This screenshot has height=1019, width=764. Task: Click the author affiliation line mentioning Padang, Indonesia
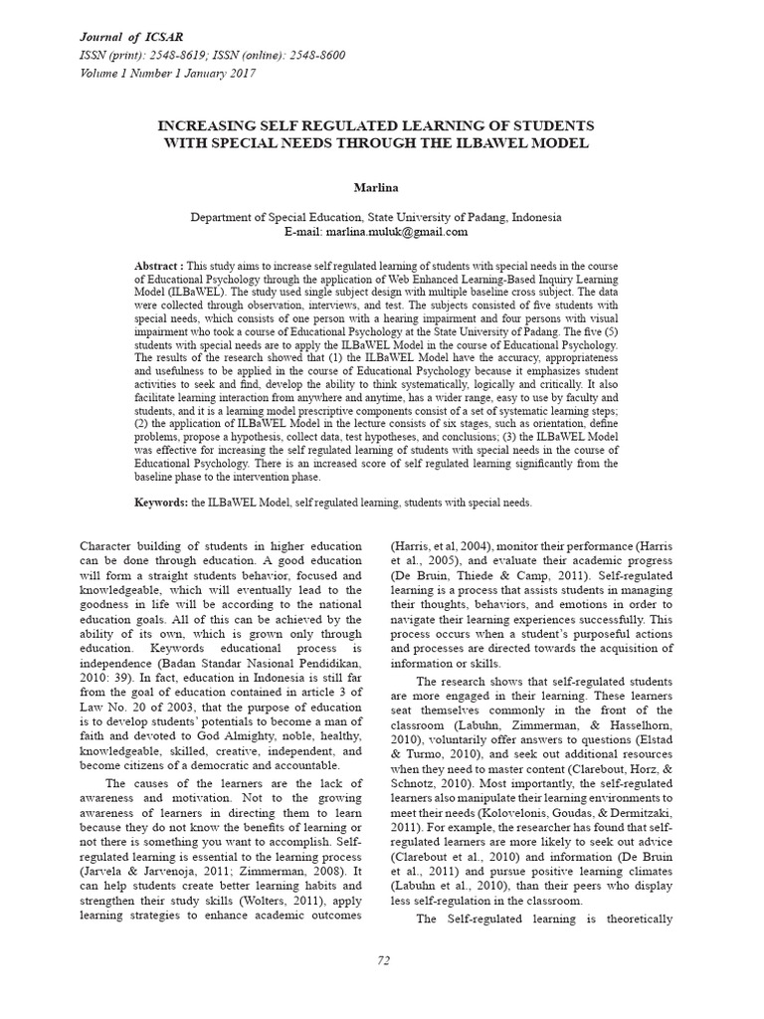[x=375, y=217]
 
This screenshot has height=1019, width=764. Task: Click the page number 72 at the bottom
[x=383, y=958]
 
